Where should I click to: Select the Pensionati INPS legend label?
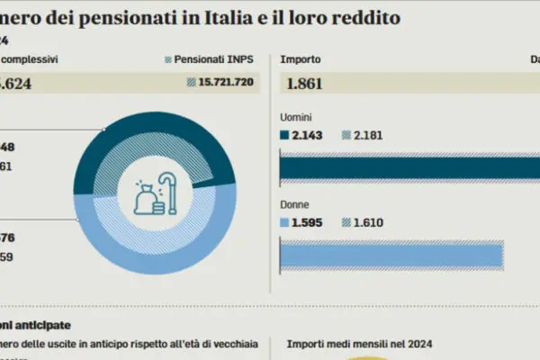tap(214, 59)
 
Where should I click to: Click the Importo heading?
tap(300, 59)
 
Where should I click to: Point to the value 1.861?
tap(303, 85)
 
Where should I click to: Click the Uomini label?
tap(298, 117)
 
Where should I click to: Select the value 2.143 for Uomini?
tap(307, 135)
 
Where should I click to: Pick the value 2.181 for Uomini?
tap(366, 135)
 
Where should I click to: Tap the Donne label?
tap(296, 203)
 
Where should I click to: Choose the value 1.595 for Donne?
tap(307, 221)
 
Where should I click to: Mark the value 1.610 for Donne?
tap(366, 221)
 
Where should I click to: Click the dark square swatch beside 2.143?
tap(285, 135)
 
